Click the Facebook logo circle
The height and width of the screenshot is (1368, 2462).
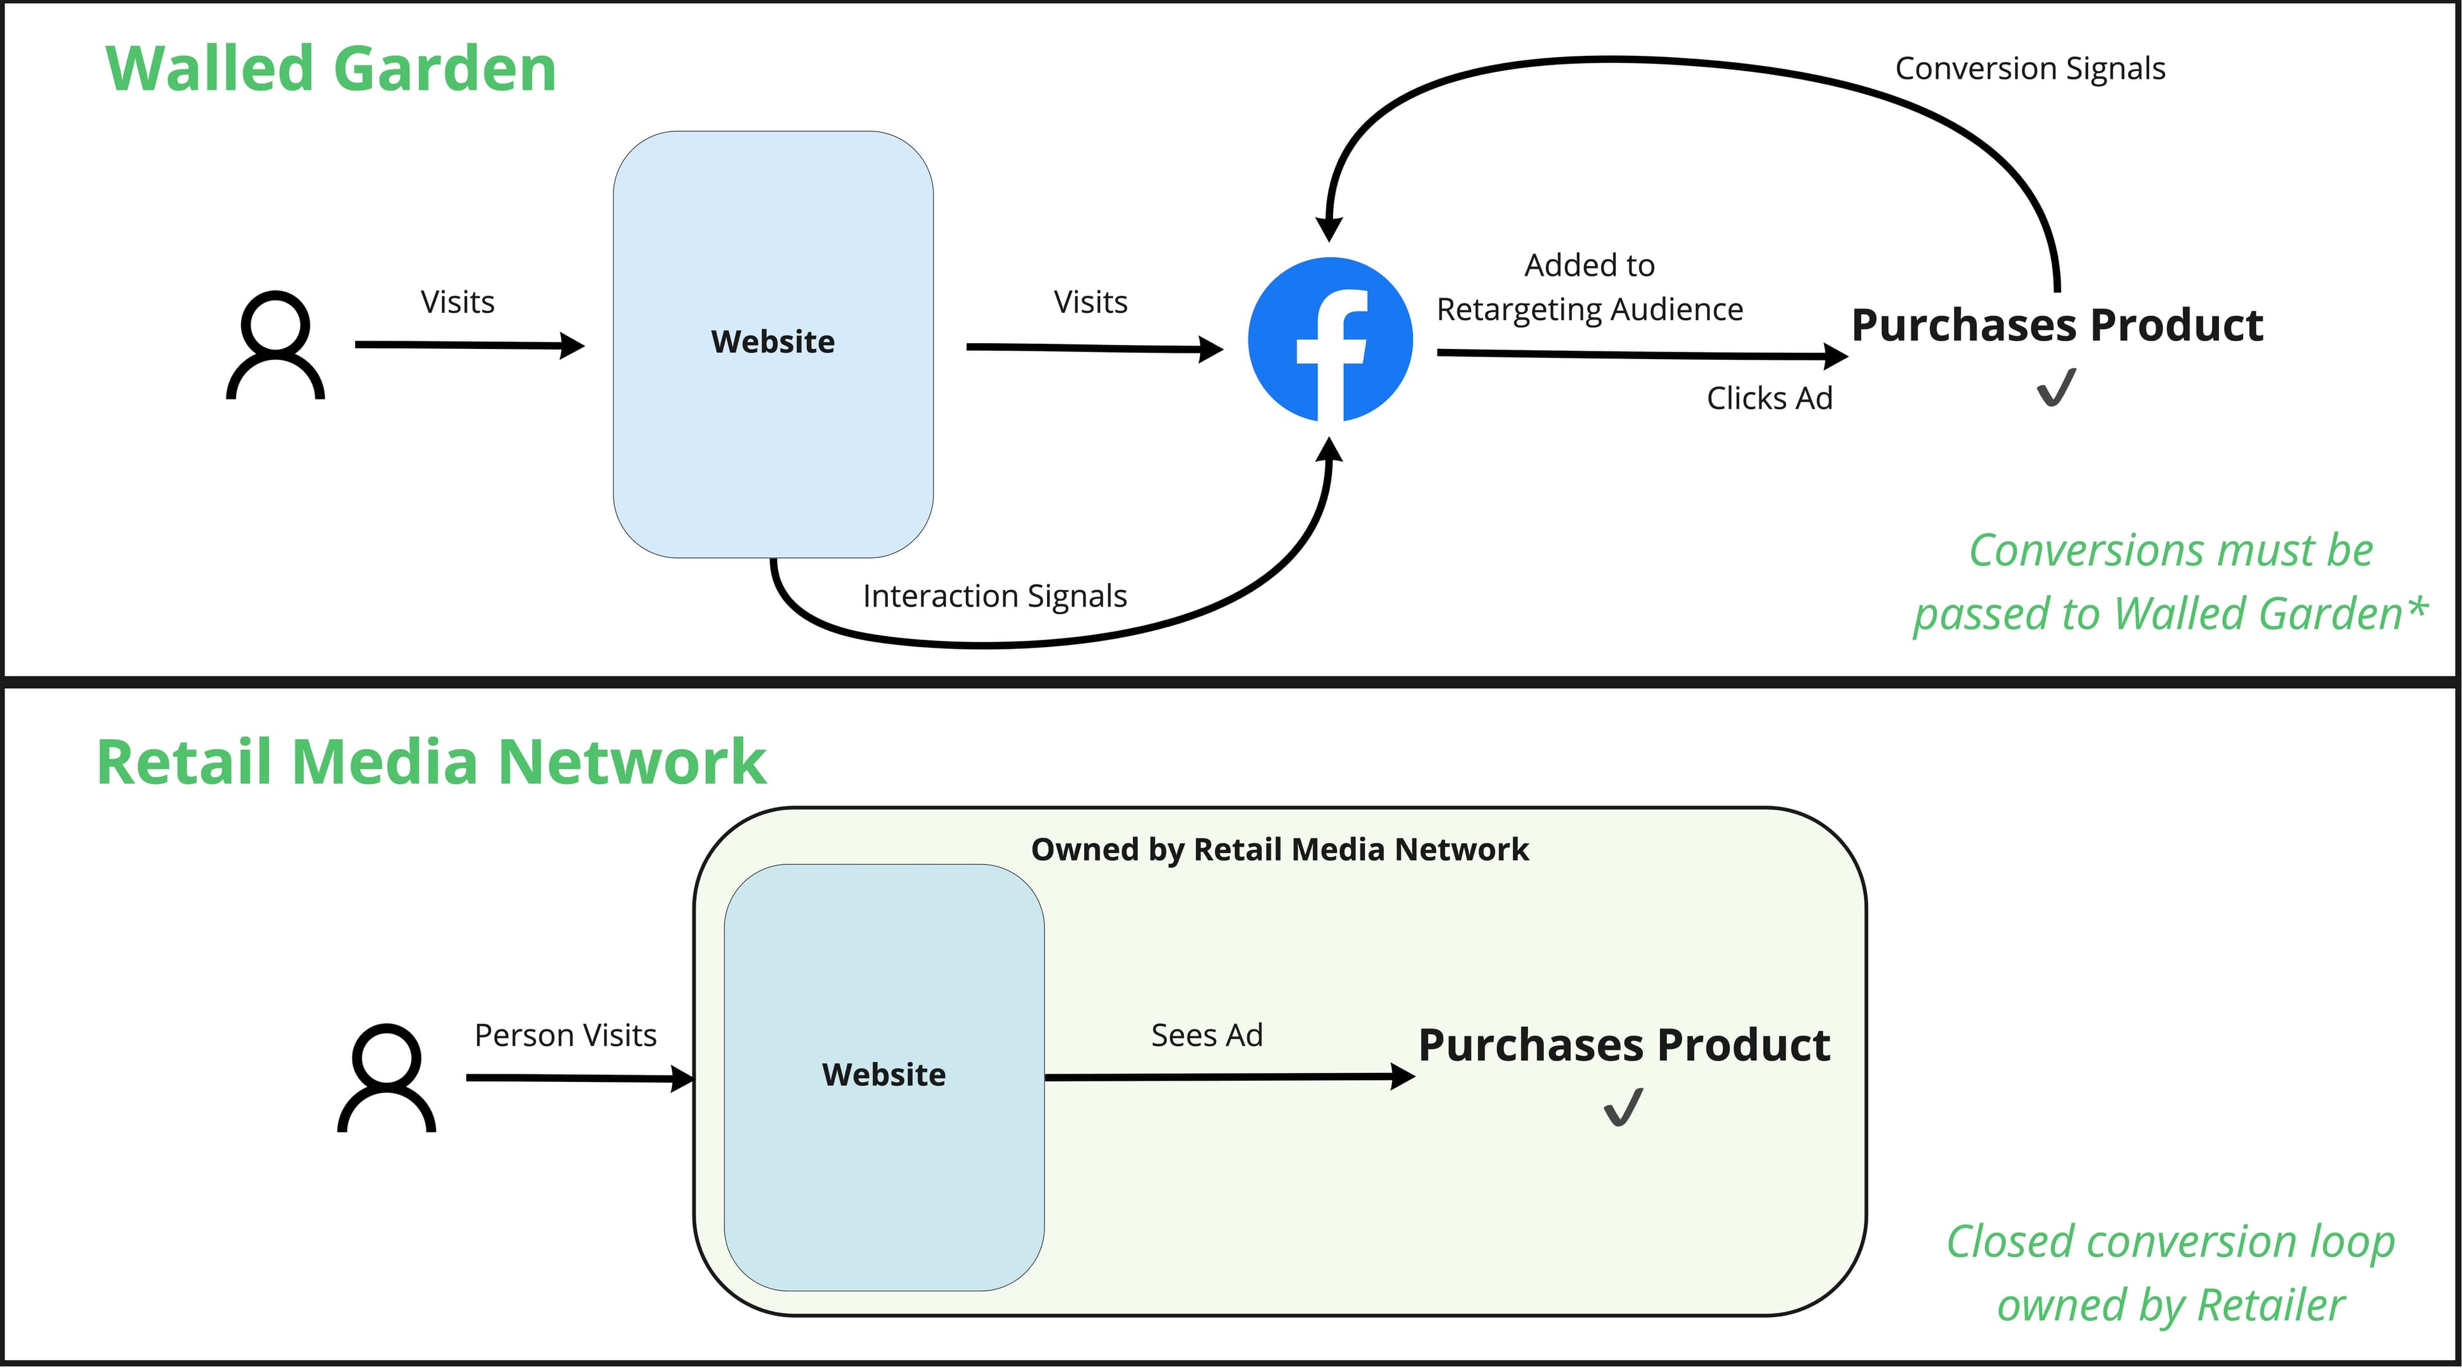click(1330, 339)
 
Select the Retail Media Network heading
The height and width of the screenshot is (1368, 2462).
click(431, 762)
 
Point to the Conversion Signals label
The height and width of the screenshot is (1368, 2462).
click(2030, 69)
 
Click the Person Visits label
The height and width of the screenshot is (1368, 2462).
click(565, 1035)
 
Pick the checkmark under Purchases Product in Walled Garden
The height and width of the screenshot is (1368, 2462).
click(2056, 388)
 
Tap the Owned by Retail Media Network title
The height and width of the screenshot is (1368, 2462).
click(1279, 849)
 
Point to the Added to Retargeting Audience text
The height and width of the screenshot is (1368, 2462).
click(1589, 287)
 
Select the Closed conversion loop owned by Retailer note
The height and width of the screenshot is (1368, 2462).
click(2170, 1273)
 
